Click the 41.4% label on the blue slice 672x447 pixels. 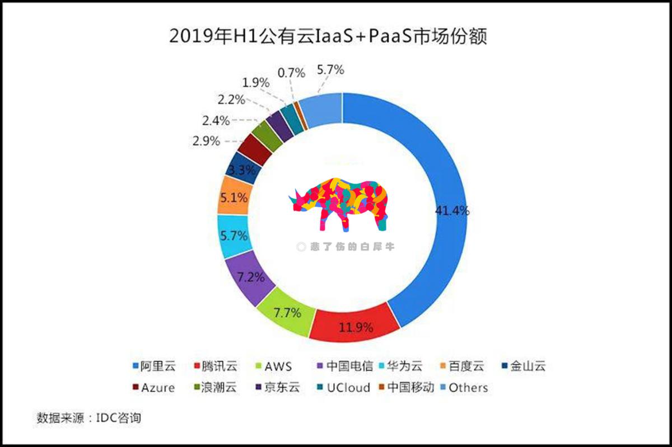click(452, 211)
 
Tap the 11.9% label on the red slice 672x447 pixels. click(356, 327)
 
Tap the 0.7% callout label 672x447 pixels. click(291, 73)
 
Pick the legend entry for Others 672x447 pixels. click(462, 388)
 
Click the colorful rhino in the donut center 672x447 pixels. click(340, 204)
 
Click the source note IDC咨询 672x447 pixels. click(117, 417)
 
